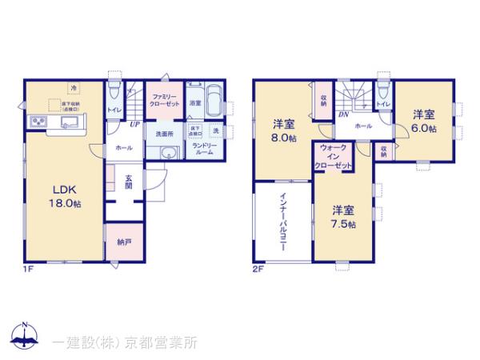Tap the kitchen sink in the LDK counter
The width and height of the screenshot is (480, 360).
point(67,122)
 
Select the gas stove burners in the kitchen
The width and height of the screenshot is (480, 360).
point(38,122)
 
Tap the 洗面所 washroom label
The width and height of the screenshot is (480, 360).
point(165,133)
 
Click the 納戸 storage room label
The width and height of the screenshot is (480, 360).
point(123,242)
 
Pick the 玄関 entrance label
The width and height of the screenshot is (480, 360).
point(129,180)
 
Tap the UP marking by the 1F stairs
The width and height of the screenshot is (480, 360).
point(136,124)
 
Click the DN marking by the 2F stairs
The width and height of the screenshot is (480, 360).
point(342,114)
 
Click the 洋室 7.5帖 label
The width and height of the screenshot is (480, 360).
point(344,218)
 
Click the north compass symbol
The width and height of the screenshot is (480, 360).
point(26,337)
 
